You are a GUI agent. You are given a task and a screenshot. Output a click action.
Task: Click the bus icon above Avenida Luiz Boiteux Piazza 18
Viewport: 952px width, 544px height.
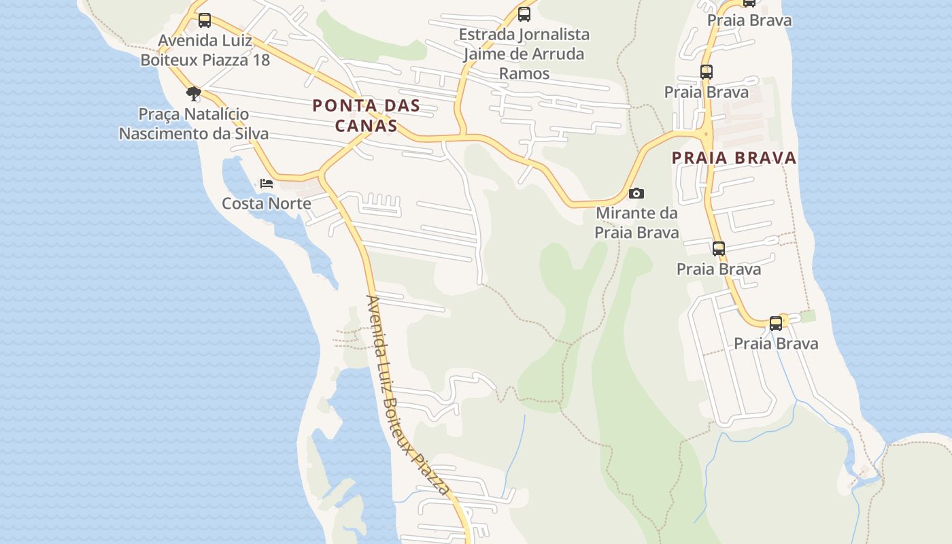click(204, 20)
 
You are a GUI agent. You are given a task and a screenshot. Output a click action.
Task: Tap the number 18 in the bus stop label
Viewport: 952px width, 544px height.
click(261, 60)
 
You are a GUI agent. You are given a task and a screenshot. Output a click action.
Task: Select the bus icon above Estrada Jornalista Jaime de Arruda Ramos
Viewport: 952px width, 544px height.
click(524, 14)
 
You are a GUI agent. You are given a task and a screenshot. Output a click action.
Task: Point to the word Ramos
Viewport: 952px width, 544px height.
click(524, 73)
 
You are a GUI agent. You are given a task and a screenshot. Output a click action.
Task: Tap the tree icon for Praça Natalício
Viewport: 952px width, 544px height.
click(194, 93)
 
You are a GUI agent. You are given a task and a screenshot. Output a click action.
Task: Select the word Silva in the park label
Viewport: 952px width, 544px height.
click(250, 134)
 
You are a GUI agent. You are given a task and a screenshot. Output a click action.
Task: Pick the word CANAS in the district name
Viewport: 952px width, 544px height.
click(366, 126)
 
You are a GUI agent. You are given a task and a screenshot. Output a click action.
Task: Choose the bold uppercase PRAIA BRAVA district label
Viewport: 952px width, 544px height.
click(734, 158)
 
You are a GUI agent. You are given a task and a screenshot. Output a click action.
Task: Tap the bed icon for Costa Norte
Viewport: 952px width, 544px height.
click(267, 184)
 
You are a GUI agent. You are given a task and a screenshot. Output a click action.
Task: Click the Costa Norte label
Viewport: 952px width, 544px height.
click(267, 203)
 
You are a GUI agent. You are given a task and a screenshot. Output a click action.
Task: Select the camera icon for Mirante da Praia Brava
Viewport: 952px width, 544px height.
click(636, 194)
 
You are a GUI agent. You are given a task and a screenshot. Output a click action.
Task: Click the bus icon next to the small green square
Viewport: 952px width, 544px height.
click(776, 323)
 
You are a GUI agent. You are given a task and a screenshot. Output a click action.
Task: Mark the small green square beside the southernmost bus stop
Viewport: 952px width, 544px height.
click(808, 316)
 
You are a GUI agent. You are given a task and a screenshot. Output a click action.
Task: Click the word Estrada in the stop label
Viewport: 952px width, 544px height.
click(486, 34)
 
